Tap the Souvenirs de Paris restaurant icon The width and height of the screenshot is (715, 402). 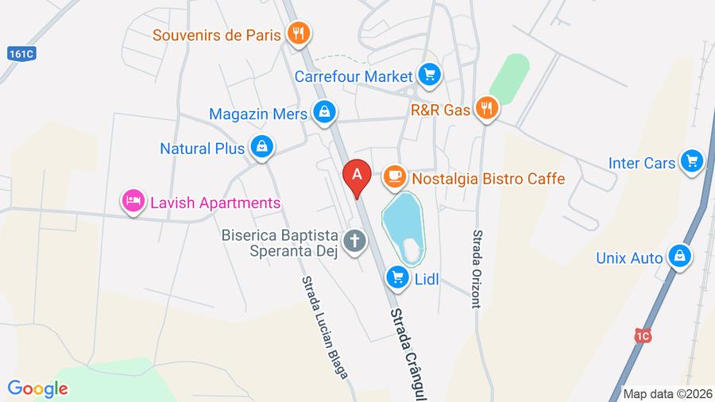point(299,33)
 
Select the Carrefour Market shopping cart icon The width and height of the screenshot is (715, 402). point(430,75)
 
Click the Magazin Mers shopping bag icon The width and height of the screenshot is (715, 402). point(323,113)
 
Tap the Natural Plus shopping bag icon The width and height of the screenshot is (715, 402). point(261,147)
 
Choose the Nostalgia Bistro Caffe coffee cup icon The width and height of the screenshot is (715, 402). point(393,177)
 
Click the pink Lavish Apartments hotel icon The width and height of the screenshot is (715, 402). point(132,202)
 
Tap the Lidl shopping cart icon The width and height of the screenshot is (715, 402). point(397,277)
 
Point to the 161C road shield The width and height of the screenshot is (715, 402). point(21,55)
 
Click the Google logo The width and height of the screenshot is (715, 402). point(38,388)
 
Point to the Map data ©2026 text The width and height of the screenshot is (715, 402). point(667,393)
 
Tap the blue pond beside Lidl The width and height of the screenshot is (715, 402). point(402,222)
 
